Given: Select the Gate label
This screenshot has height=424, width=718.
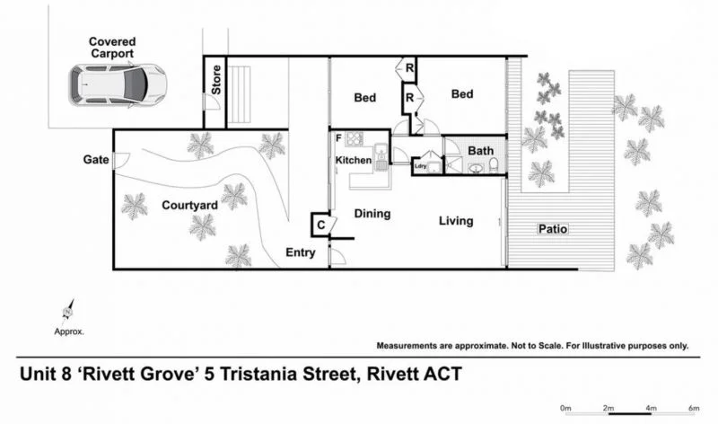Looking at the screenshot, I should (x=96, y=160).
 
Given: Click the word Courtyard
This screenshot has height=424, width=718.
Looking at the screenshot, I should (x=189, y=206).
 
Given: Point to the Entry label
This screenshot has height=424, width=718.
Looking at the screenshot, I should (x=301, y=252).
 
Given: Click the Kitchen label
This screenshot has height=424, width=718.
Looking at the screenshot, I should (x=353, y=161).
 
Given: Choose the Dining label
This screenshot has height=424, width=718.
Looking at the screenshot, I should (x=372, y=214).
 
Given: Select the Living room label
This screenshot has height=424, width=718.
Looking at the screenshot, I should (x=456, y=221).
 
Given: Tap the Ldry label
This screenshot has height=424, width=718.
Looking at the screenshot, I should (x=420, y=166).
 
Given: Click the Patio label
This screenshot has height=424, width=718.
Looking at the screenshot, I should (x=552, y=229).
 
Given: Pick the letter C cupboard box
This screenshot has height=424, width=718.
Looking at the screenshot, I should (x=320, y=225).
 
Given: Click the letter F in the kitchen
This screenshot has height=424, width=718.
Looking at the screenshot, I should (x=338, y=138).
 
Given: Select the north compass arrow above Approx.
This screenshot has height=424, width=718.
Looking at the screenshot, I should (x=66, y=311).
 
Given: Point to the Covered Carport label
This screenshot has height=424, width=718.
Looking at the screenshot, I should (x=112, y=48).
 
